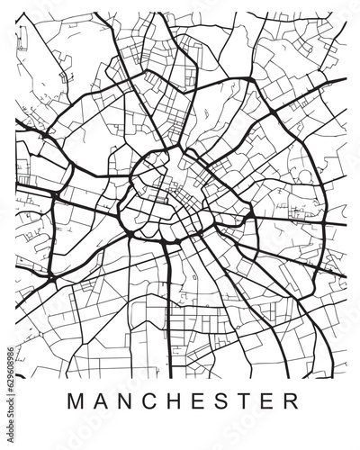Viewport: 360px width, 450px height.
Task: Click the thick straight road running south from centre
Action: point(168,306)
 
